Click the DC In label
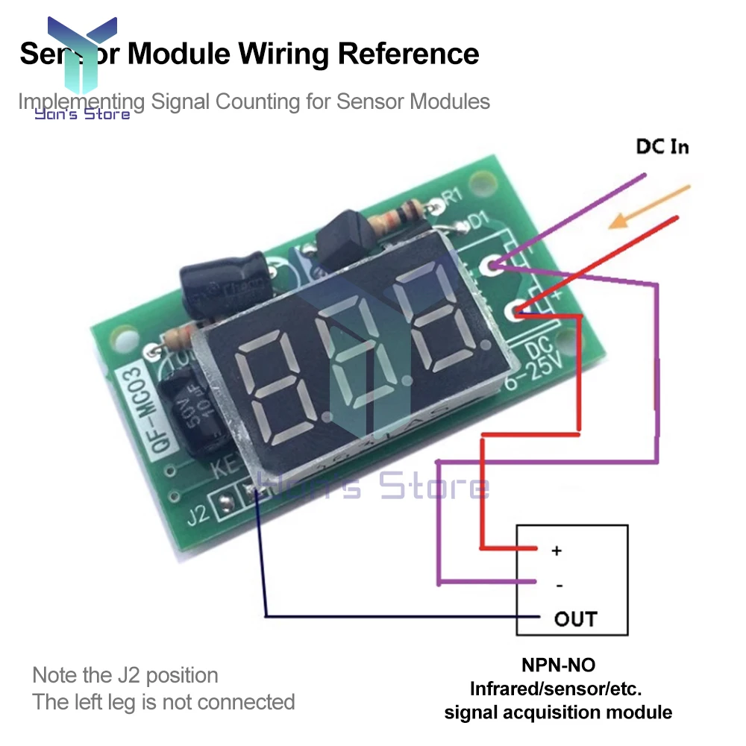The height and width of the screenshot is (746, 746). [662, 146]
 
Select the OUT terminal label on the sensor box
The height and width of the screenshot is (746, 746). [575, 618]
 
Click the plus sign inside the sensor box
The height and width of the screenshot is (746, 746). [556, 551]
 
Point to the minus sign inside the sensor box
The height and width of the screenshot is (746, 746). [559, 586]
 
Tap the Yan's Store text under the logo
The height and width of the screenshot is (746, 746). [82, 113]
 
